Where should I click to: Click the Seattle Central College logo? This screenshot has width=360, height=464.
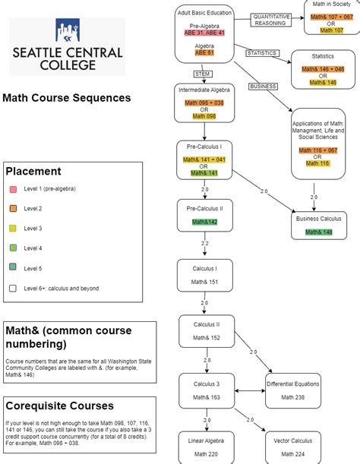coord(68,46)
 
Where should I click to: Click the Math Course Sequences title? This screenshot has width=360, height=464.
coord(67,98)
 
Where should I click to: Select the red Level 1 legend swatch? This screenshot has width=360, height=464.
coord(13,188)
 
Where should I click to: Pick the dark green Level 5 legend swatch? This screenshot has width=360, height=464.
coord(13,268)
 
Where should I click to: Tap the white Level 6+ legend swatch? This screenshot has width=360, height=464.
coord(13,288)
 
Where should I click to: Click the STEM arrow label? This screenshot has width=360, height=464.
coord(203,74)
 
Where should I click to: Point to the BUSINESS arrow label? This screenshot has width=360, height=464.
coord(263,87)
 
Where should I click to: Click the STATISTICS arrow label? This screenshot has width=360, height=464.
coord(262,53)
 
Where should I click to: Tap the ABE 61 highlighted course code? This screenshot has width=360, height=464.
coord(204,53)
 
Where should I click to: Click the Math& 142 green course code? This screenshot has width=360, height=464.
coord(204,221)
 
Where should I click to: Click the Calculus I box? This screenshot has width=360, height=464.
coord(204,275)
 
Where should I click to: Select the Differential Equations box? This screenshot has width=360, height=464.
coord(292,390)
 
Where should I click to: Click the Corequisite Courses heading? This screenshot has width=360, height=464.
coord(59,406)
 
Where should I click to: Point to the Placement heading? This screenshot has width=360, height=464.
coord(33,171)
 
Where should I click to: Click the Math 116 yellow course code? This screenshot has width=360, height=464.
coord(313,164)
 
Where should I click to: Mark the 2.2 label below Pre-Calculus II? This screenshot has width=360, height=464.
coord(204,244)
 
